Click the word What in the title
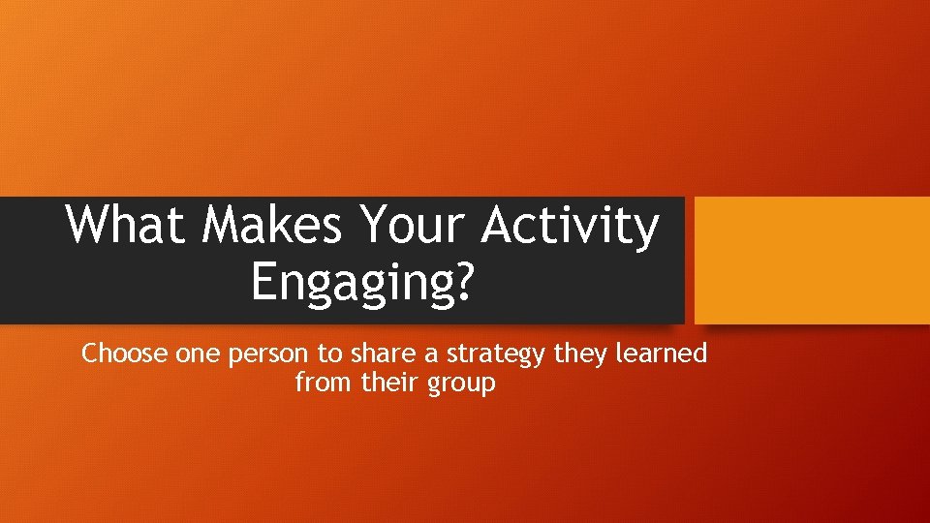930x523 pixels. (x=126, y=226)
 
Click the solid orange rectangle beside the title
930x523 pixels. (x=812, y=260)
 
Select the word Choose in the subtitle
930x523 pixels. (x=125, y=354)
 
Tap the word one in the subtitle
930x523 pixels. (x=199, y=354)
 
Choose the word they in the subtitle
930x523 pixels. (x=578, y=355)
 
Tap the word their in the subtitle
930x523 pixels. (x=387, y=383)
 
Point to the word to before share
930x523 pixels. (x=323, y=354)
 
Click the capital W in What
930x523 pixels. (x=89, y=226)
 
